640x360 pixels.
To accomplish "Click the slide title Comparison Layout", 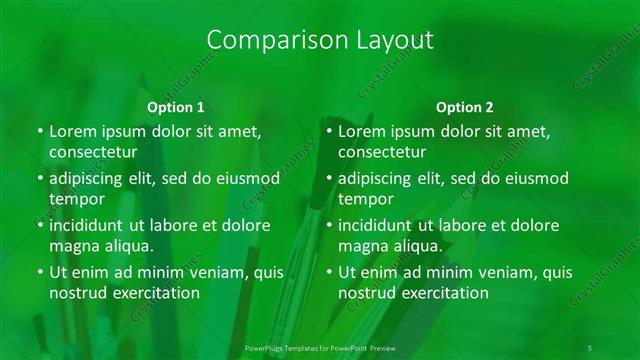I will (x=319, y=40).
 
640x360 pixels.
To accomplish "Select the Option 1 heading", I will (x=176, y=107).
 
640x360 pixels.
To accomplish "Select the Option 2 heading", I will (x=465, y=107).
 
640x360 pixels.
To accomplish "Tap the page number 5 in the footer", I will (x=590, y=347).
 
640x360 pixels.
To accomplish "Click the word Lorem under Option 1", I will (x=73, y=131).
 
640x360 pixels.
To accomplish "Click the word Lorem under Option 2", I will (x=363, y=131).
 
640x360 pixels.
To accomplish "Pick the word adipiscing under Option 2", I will (x=375, y=178).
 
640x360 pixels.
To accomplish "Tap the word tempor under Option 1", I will (x=76, y=200).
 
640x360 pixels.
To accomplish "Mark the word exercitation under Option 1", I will (x=152, y=293).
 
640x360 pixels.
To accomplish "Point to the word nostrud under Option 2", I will (x=367, y=293).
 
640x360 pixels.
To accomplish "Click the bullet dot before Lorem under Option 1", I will (x=39, y=132).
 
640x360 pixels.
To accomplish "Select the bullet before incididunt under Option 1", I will (x=39, y=226).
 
